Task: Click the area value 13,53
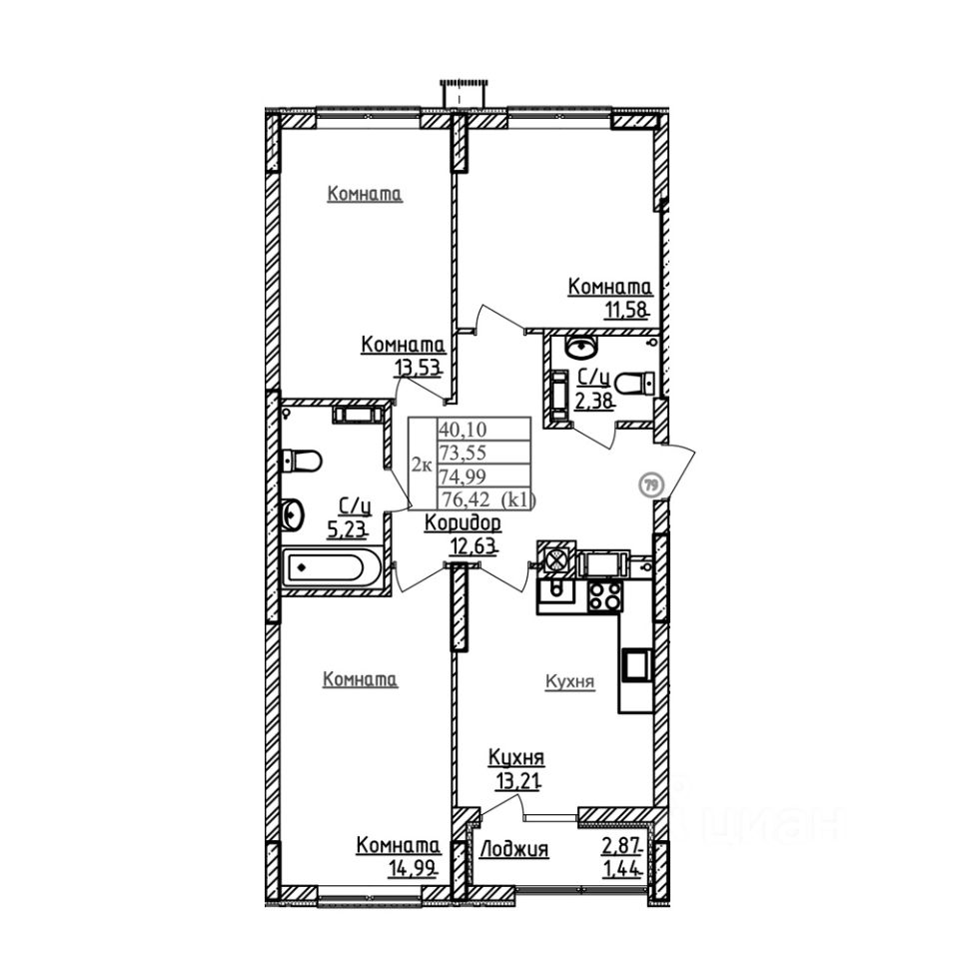tap(418, 366)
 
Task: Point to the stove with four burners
tap(605, 596)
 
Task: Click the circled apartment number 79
tap(651, 485)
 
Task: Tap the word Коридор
tap(463, 522)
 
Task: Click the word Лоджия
tap(514, 849)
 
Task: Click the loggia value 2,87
tap(622, 846)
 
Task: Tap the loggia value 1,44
tap(622, 867)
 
